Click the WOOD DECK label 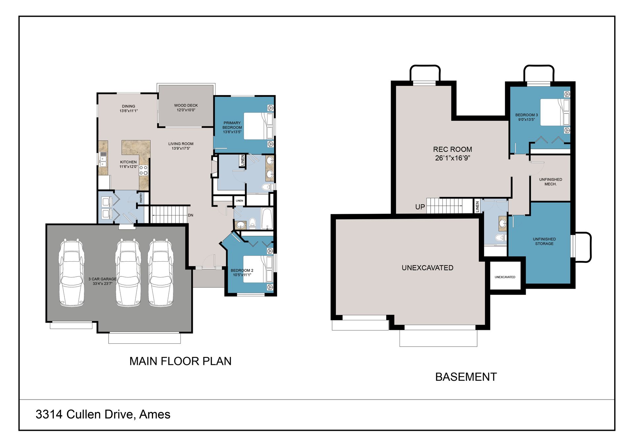tap(186, 108)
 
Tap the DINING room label tap(128, 109)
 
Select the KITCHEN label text tap(128, 164)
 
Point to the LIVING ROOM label tap(181, 146)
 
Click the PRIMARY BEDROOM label tap(232, 127)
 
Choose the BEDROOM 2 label tap(242, 272)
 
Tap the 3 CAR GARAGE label tap(102, 281)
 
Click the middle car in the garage tap(128, 272)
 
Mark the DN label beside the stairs tap(191, 215)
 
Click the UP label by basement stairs tap(420, 207)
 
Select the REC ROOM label tap(452, 154)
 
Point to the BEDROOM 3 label tap(526, 117)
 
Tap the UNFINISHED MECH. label tap(550, 182)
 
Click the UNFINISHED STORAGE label tap(544, 241)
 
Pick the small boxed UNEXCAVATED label tap(505, 277)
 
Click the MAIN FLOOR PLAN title tap(180, 361)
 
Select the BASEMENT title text tap(466, 377)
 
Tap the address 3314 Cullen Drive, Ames tap(103, 414)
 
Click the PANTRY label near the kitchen tap(141, 198)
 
